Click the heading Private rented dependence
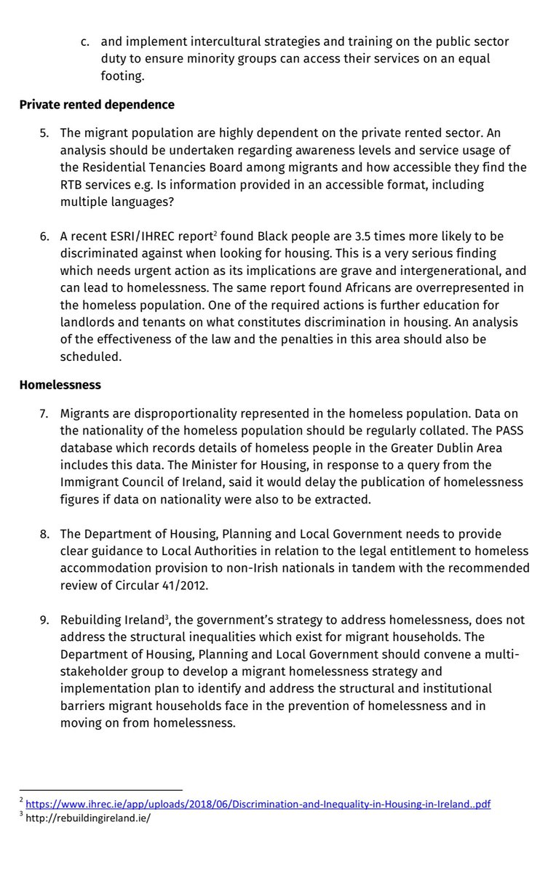pos(97,104)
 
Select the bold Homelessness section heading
pos(60,384)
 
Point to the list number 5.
pos(45,132)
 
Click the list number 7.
pos(45,412)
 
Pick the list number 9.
pos(45,620)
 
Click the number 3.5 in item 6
pos(388,237)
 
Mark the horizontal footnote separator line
pos(101,789)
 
